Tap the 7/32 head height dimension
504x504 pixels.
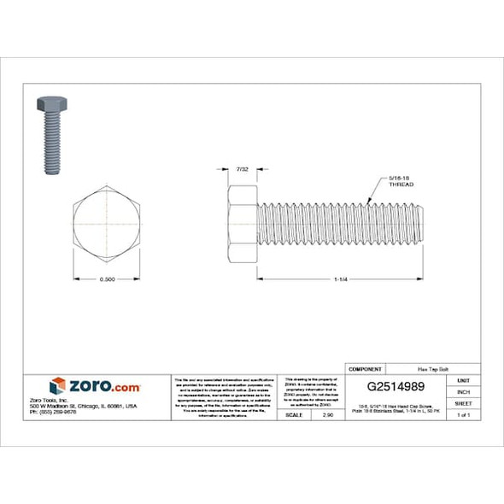243,171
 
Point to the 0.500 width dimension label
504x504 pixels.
106,279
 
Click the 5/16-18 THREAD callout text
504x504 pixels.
401,182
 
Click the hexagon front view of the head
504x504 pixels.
106,225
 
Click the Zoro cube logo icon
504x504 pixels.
57,386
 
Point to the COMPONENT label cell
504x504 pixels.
366,368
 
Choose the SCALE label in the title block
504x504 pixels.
293,414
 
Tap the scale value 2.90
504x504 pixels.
327,414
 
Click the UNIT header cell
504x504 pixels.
463,379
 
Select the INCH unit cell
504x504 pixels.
463,391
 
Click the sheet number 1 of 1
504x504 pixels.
463,414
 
